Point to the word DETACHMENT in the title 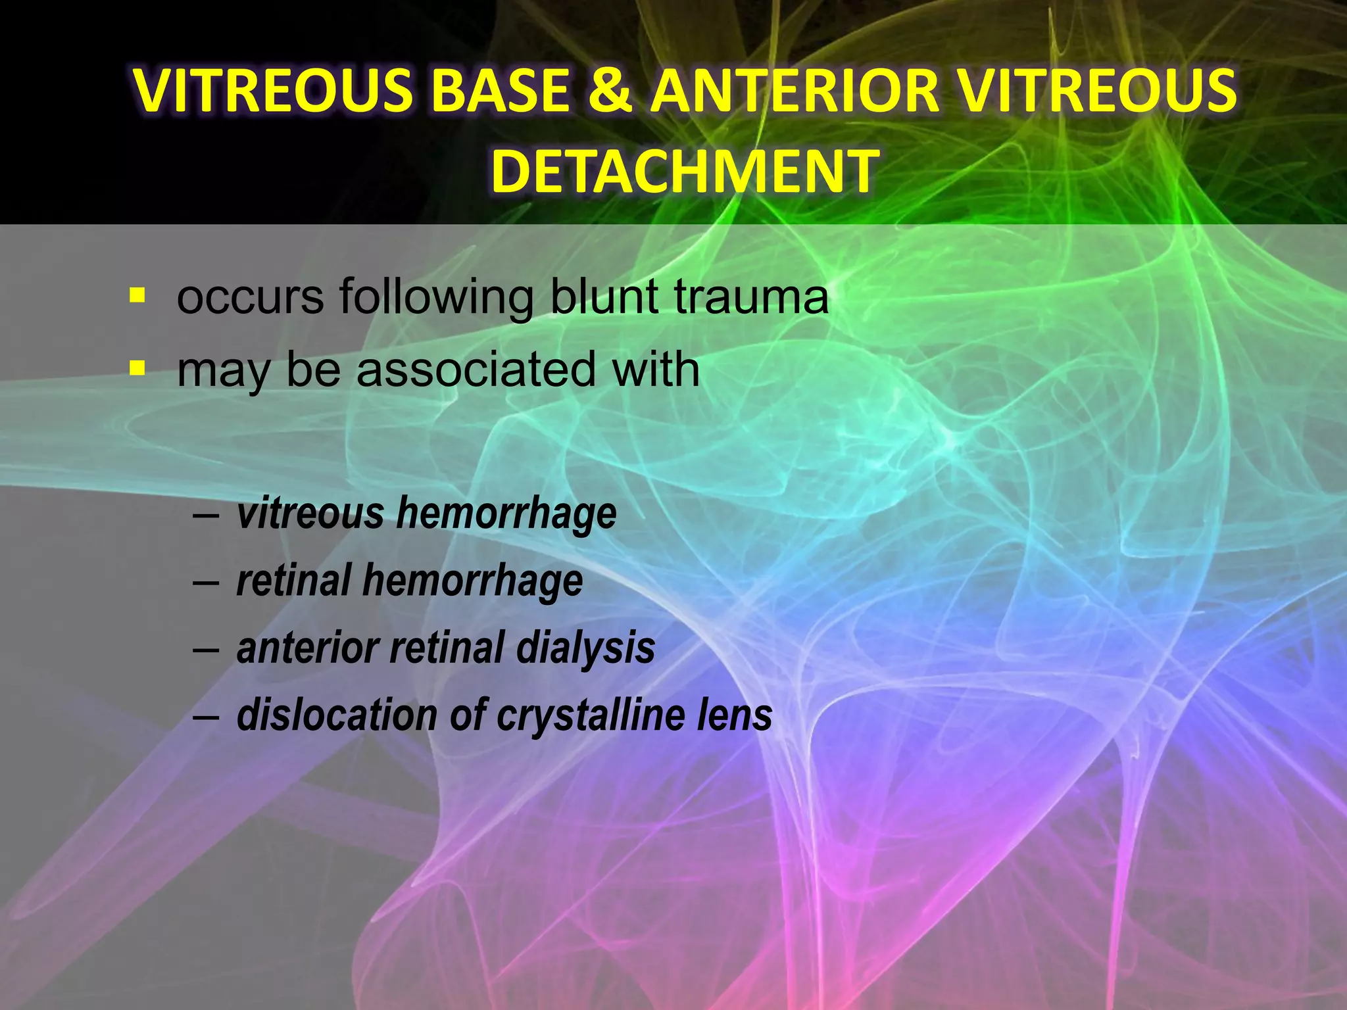click(x=684, y=171)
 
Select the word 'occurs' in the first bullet click(x=250, y=297)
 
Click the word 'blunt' click(x=604, y=297)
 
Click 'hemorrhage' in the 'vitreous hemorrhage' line click(x=506, y=514)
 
